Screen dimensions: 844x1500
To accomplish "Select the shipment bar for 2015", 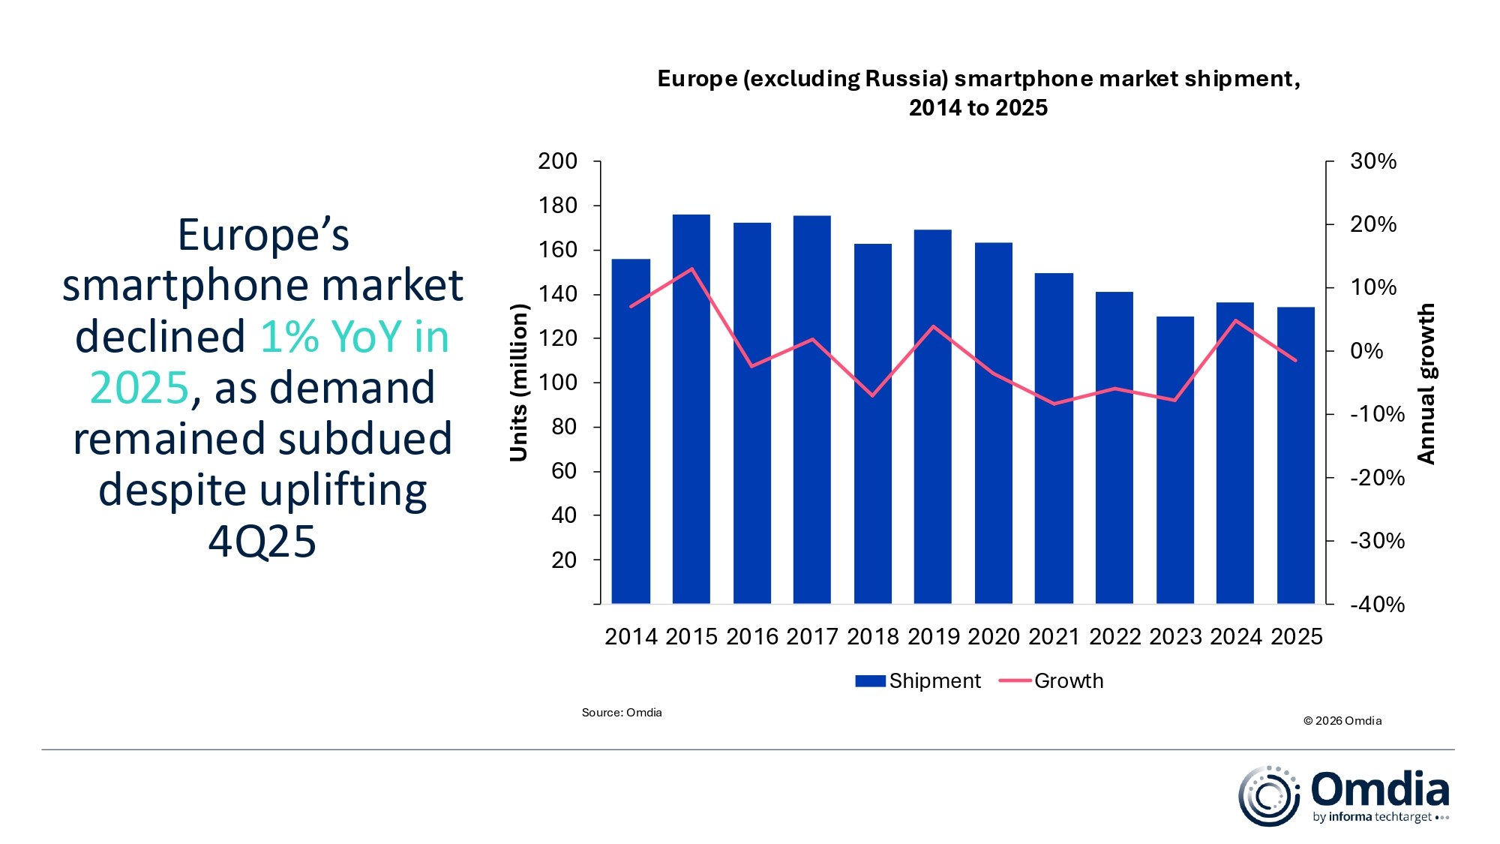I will click(x=691, y=409).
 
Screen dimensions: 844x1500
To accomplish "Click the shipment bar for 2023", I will click(x=1174, y=460).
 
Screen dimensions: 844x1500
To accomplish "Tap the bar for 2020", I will click(x=993, y=422).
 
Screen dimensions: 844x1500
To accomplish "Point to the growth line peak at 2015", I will click(x=691, y=269).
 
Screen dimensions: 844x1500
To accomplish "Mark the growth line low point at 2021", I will click(x=1054, y=404).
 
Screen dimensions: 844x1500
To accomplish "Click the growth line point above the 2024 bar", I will click(x=1235, y=321).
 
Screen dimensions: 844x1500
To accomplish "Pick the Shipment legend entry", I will click(x=918, y=680).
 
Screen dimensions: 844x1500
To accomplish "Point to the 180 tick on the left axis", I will click(x=557, y=206).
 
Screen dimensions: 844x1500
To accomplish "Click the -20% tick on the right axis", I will click(x=1377, y=478).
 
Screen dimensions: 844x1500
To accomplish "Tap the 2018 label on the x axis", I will click(x=872, y=636).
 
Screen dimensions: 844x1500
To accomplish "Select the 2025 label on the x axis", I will click(x=1297, y=636).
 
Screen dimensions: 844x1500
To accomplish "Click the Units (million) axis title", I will click(x=519, y=383).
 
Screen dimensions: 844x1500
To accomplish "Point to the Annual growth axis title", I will click(x=1426, y=383).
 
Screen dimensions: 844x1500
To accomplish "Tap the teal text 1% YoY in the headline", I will click(x=330, y=336).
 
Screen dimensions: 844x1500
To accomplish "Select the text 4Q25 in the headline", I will click(x=262, y=541).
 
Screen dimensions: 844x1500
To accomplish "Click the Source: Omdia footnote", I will click(x=622, y=713).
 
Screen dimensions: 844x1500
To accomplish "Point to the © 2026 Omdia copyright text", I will click(x=1342, y=721).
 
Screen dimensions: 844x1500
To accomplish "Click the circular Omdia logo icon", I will click(x=1268, y=796).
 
